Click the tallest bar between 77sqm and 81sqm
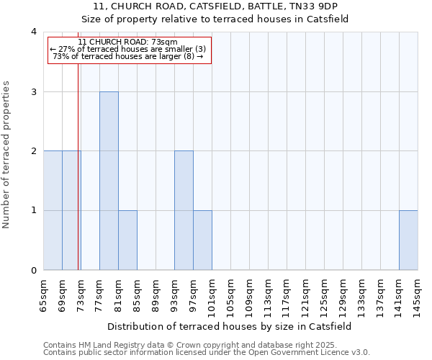click(x=109, y=181)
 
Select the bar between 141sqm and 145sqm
click(x=408, y=240)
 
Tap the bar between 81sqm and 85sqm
click(x=127, y=240)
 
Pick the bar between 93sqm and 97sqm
click(x=184, y=210)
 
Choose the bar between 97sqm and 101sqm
click(x=202, y=240)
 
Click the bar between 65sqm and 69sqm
click(x=53, y=210)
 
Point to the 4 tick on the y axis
click(x=34, y=32)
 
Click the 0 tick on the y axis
click(x=34, y=271)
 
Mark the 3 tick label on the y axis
click(x=34, y=91)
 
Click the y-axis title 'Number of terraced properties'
click(x=6, y=155)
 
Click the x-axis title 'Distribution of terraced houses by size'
click(x=230, y=326)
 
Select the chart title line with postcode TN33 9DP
click(x=230, y=6)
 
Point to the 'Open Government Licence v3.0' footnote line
click(x=207, y=352)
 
